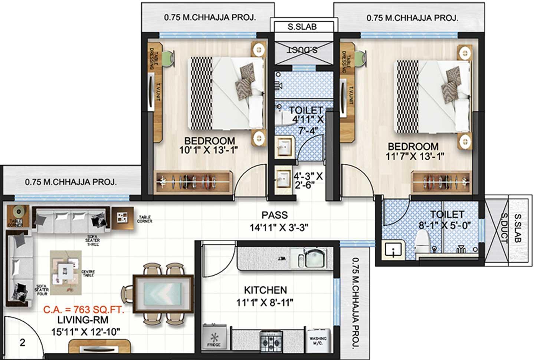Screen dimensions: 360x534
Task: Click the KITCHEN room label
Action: (265, 290)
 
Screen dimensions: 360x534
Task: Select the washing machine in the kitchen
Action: (318, 339)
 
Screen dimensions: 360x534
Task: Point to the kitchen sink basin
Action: (314, 258)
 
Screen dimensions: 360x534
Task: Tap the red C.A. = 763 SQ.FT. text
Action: (83, 310)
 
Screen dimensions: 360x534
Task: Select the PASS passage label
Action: (274, 215)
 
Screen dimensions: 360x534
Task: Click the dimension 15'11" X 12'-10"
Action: (86, 331)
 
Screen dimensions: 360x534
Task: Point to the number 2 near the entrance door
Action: (23, 342)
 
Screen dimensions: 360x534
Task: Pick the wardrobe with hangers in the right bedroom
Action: (441, 182)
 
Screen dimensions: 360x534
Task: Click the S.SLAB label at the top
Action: (302, 27)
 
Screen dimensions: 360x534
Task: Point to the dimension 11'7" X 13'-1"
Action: (415, 157)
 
